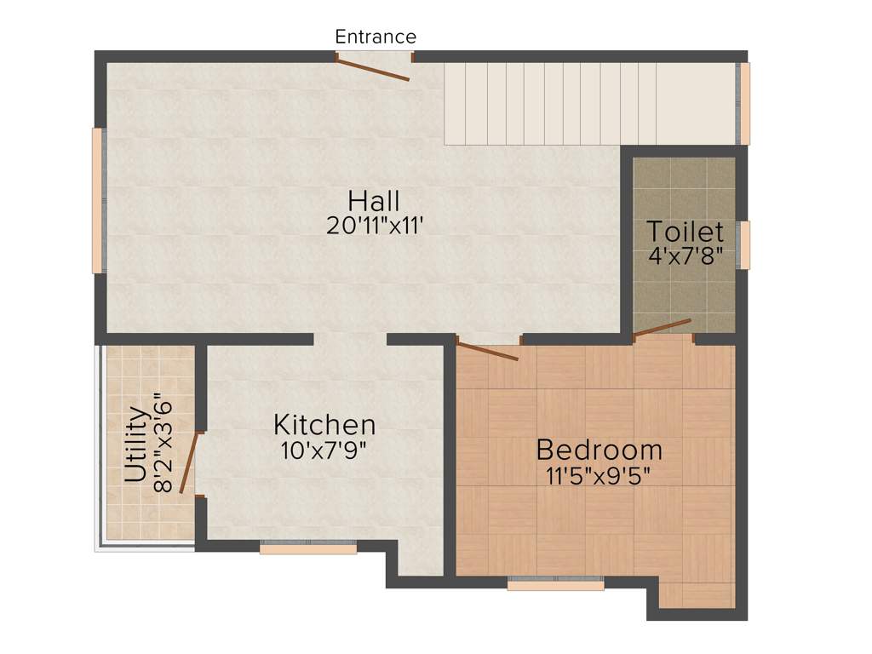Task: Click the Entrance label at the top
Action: coord(376,37)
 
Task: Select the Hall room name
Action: coord(374,202)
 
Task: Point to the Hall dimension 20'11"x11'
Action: coord(374,226)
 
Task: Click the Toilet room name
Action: coord(685,232)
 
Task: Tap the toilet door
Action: coord(662,328)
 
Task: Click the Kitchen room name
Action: coord(324,424)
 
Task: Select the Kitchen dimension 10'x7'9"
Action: coord(324,450)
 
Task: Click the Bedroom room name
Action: coord(599,449)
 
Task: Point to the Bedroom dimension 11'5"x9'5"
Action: coord(599,474)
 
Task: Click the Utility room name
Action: coord(135,445)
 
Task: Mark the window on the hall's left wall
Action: coord(97,200)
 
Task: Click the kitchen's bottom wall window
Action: coord(308,548)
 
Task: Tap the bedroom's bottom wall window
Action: coord(555,585)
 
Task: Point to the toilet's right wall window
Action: coord(744,245)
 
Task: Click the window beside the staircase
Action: coord(744,104)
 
